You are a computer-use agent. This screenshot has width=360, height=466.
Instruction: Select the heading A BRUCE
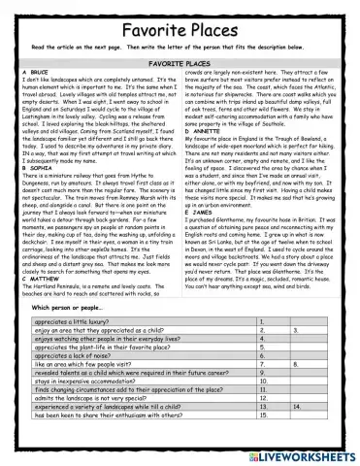(x=35, y=71)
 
